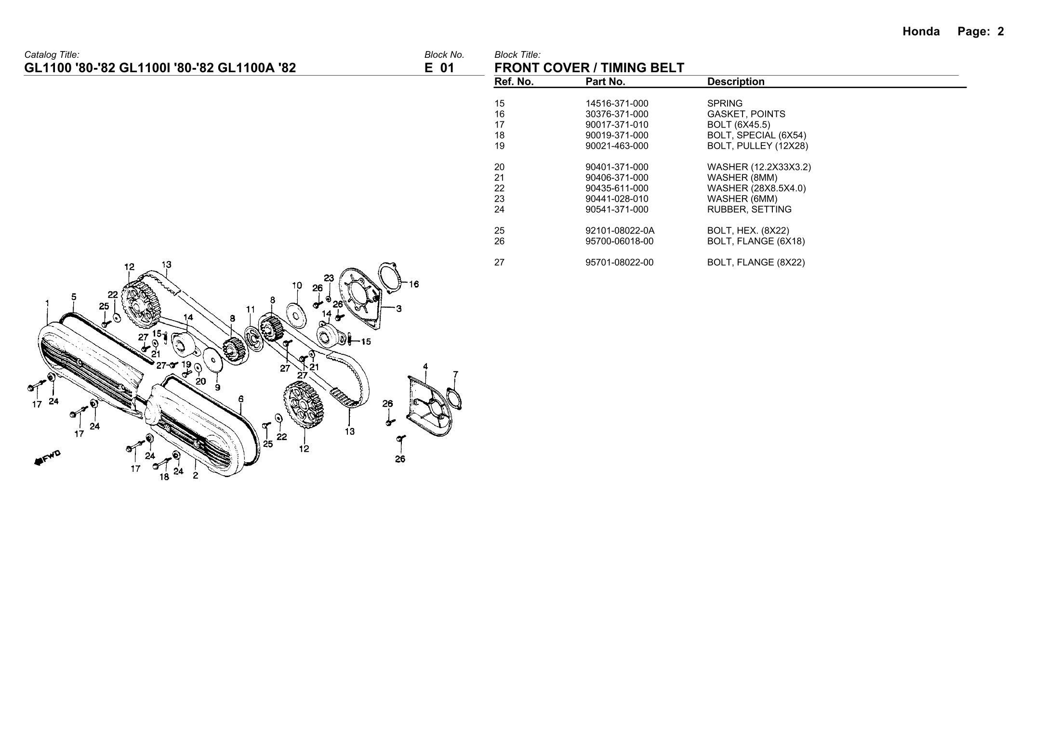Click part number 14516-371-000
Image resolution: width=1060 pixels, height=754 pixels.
point(617,104)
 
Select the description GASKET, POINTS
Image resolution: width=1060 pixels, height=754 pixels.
point(746,114)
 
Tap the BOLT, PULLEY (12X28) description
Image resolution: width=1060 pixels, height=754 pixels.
point(757,146)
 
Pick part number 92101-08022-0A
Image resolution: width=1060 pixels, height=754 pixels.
point(620,231)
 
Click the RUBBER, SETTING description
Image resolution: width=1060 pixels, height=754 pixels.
point(749,209)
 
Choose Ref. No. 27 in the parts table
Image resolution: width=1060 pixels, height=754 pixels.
point(500,262)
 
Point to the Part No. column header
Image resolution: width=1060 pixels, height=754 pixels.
point(605,82)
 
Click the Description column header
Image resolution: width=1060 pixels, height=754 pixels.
point(736,82)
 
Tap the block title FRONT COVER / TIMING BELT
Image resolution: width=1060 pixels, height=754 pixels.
point(589,68)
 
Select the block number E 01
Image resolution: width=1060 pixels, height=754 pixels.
point(439,68)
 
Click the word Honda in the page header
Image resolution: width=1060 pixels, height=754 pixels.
point(921,32)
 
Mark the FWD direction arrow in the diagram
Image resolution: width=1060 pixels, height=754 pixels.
point(47,458)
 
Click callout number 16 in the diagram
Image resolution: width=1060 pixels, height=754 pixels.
point(413,284)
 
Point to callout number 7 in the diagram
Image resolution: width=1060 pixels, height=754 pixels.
point(455,374)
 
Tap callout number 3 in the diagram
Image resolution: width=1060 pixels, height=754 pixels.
point(399,309)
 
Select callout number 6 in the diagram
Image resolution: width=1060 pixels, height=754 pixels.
point(241,399)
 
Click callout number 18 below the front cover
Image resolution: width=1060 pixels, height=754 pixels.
point(164,477)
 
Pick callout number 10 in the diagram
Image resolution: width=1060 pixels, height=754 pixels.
point(297,285)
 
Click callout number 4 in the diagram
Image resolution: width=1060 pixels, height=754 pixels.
point(425,366)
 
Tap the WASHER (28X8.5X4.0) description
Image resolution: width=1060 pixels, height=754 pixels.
point(756,188)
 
